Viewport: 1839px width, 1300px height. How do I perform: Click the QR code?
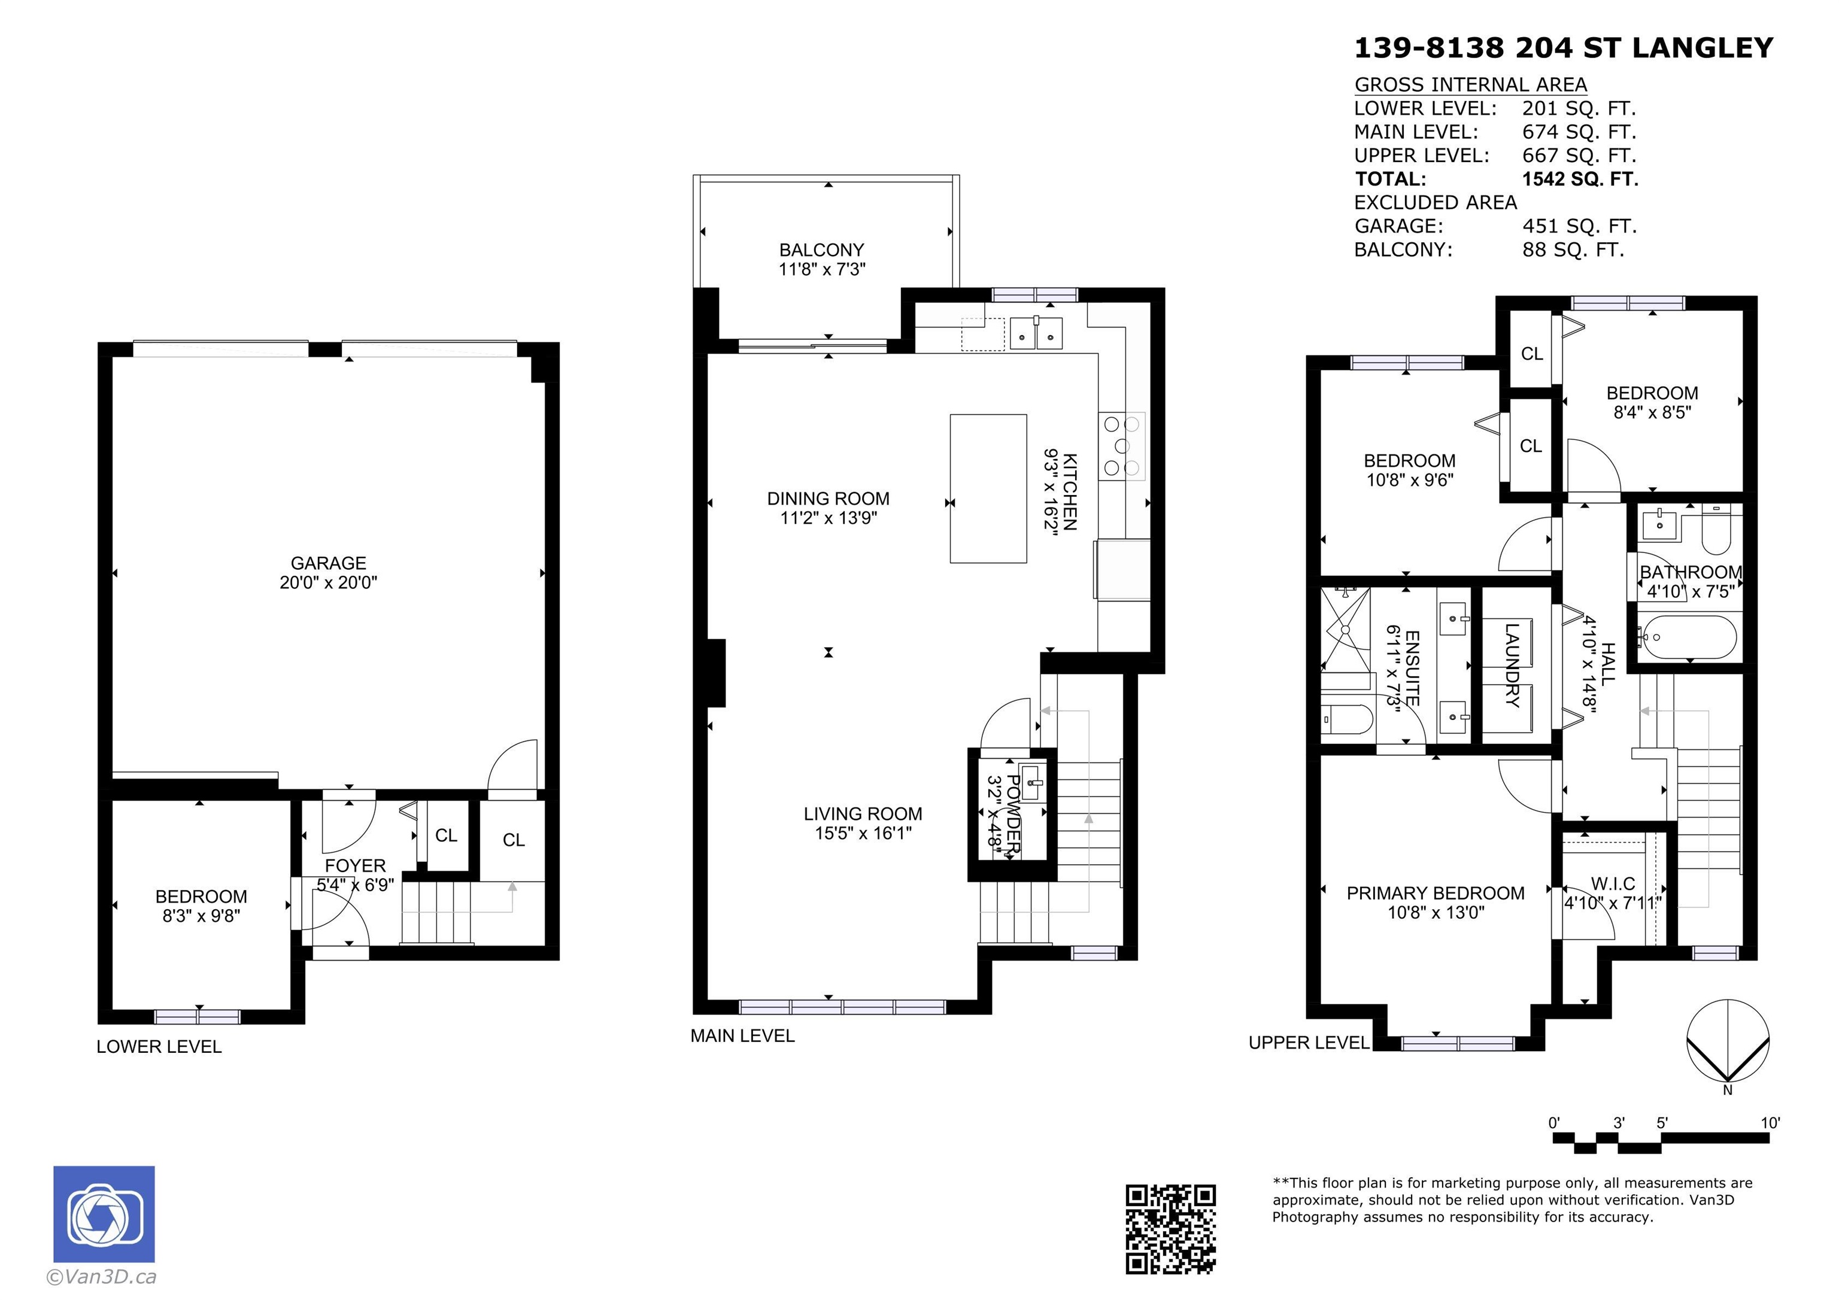pos(1170,1229)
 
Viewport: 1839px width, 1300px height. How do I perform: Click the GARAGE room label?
pos(329,563)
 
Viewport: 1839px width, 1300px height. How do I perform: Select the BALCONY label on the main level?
pos(822,250)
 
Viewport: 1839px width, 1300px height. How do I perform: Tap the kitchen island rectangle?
pos(988,488)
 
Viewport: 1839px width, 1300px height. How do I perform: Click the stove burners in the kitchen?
pos(1122,445)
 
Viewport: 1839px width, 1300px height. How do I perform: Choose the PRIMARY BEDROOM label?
pos(1436,893)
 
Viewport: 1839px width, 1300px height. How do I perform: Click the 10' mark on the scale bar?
pos(1770,1123)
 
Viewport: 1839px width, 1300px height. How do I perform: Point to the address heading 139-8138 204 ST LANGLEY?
pos(1564,48)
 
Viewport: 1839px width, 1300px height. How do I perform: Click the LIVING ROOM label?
pos(863,814)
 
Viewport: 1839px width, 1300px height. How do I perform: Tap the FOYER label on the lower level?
pos(355,866)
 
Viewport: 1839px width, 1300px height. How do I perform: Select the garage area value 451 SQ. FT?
pos(1579,226)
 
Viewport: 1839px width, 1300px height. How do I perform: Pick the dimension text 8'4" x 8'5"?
pos(1652,412)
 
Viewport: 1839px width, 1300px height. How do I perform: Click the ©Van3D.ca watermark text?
pos(102,1277)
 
